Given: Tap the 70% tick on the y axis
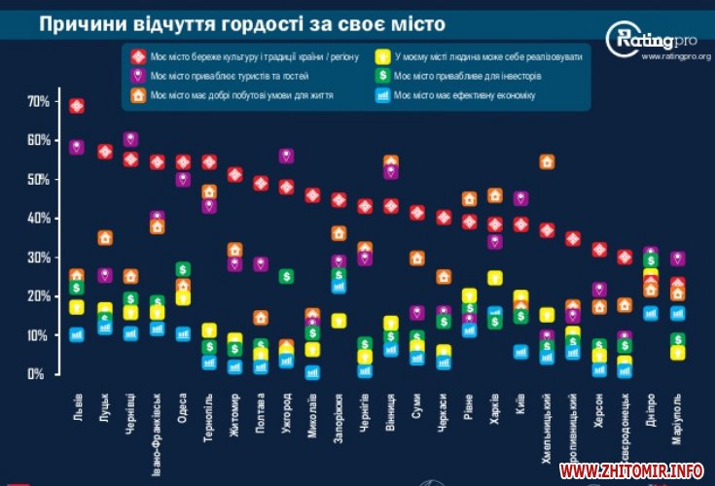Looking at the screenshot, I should coord(38,101).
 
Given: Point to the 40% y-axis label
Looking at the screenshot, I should coord(38,218).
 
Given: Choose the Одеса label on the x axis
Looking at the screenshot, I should coord(182,404).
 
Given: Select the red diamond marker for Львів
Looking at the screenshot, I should coord(77,106).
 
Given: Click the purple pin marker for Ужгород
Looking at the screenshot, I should coord(286,156).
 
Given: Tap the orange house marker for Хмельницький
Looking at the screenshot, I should coord(547,161).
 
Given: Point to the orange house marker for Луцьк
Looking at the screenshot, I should coord(105,238).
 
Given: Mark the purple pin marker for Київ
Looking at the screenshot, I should coord(520,199).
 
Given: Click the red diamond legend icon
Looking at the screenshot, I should coord(138,56).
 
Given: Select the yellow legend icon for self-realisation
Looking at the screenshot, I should coord(384,56).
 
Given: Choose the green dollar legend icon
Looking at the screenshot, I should coord(384,75).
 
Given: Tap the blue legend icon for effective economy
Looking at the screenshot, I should coord(384,95).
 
